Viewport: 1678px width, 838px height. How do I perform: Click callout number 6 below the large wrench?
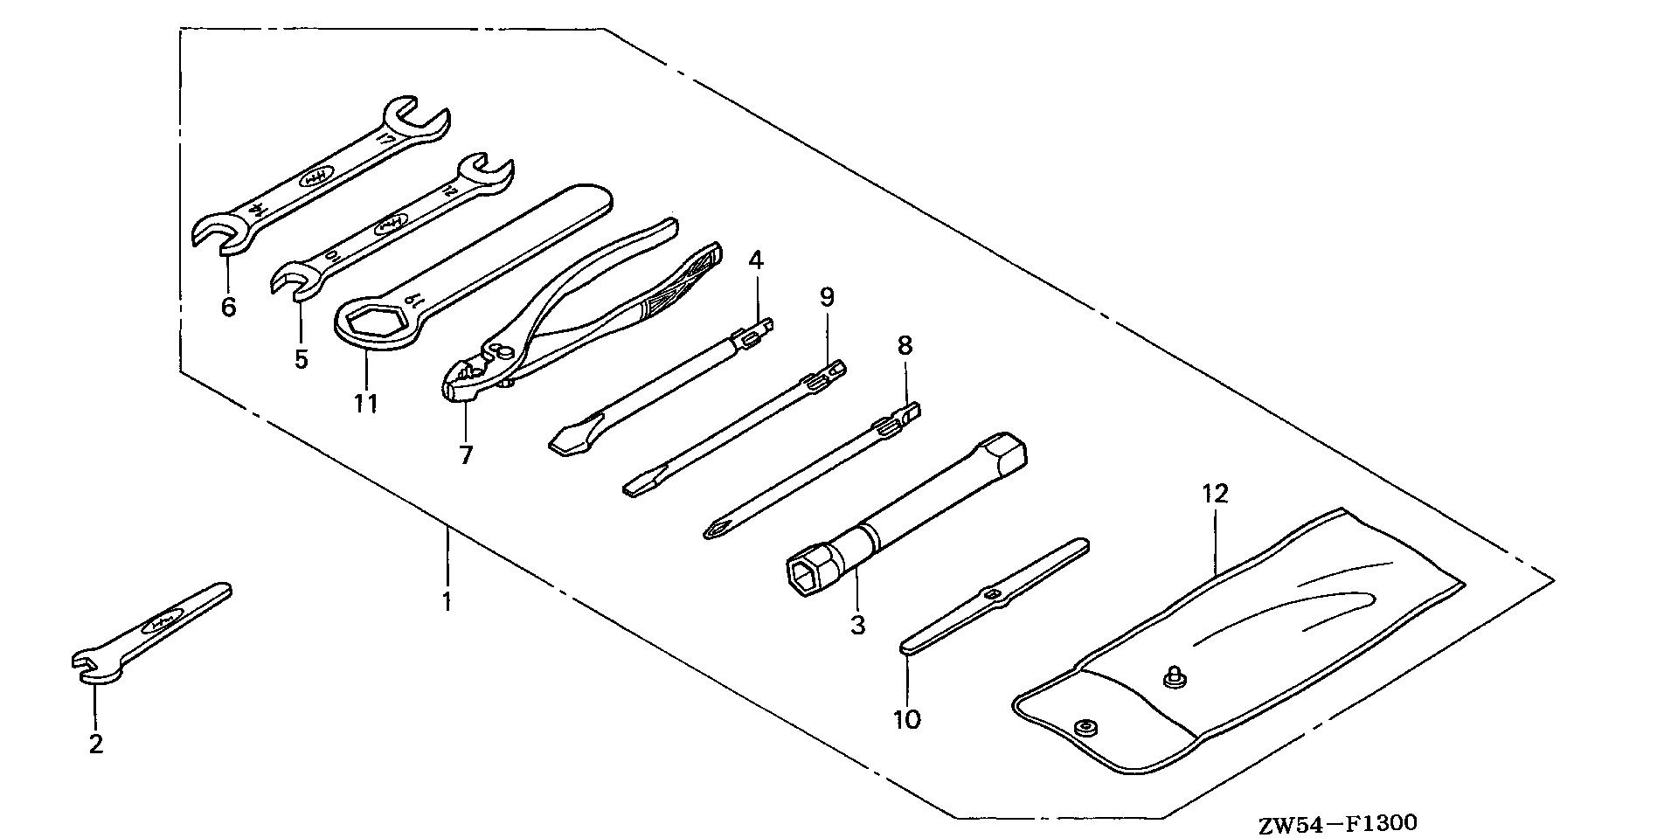(x=228, y=308)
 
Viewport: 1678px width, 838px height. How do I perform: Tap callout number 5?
(x=301, y=359)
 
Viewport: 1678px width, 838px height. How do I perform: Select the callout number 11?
(x=365, y=404)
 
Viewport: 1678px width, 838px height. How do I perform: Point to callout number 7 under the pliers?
(x=466, y=455)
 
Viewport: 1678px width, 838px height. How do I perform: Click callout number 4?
(x=755, y=260)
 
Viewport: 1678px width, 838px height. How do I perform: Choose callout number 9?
(x=827, y=298)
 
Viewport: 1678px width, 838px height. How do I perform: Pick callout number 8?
(x=905, y=345)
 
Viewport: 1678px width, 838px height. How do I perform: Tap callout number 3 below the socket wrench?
(x=857, y=626)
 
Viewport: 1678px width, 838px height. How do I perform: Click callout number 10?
(x=907, y=720)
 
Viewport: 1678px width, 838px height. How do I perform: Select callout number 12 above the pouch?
(x=1215, y=494)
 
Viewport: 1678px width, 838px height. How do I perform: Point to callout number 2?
(x=95, y=745)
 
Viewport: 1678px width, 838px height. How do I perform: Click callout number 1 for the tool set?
(x=447, y=602)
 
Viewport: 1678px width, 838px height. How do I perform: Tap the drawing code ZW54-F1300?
(x=1337, y=823)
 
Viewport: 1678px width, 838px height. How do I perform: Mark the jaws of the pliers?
(x=459, y=383)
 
